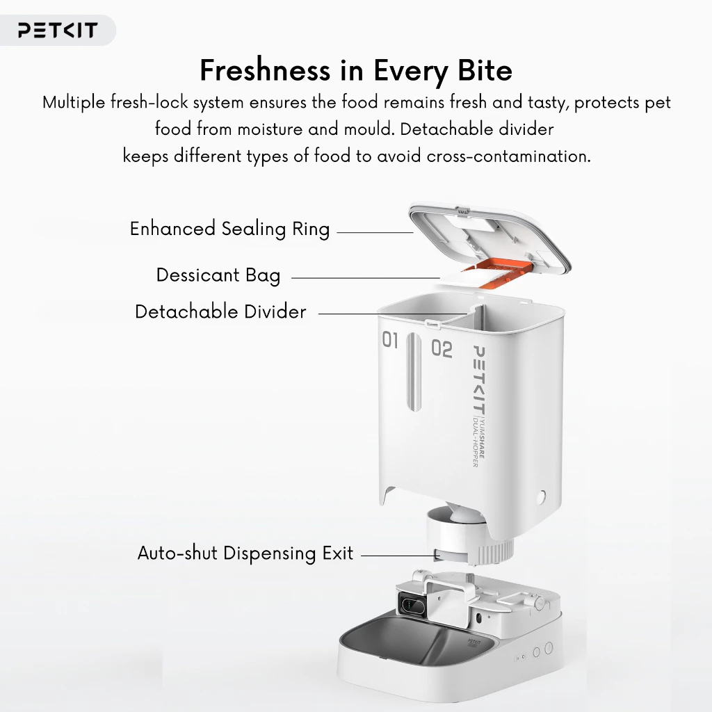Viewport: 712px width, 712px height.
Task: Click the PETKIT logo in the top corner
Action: (58, 30)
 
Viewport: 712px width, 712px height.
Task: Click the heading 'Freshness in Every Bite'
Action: (356, 71)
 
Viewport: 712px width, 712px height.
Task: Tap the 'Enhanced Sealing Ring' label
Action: (229, 229)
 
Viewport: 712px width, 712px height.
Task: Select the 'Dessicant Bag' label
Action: (218, 275)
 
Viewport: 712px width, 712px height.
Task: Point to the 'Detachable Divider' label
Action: (220, 312)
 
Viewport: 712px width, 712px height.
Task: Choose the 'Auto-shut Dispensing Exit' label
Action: (245, 553)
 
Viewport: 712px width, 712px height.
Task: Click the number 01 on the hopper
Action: (390, 339)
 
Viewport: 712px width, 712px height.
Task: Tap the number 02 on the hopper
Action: (442, 349)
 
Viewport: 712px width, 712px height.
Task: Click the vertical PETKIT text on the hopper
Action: (478, 380)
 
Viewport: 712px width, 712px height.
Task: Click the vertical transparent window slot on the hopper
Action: (414, 372)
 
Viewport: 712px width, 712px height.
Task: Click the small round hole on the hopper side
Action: (541, 498)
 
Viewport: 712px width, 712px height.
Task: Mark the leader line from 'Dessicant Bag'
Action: (366, 278)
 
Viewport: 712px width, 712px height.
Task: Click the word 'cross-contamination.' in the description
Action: (508, 156)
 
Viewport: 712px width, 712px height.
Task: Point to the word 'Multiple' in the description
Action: (74, 103)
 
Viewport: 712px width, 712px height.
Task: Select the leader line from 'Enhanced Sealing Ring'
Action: (375, 232)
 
